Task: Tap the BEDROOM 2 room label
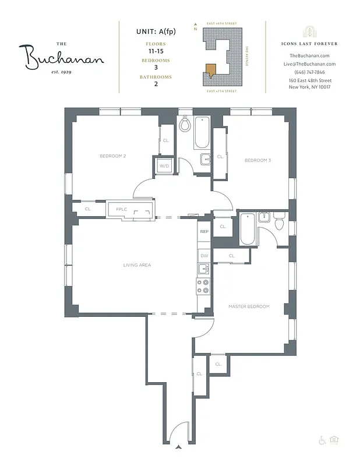(113, 156)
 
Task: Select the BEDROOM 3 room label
(257, 160)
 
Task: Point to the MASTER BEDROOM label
(249, 306)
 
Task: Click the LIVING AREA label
(137, 265)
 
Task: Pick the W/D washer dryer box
(164, 166)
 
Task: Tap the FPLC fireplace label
(121, 209)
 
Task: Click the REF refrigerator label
(204, 232)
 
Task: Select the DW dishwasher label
(204, 256)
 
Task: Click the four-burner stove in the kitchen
(203, 286)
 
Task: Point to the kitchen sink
(203, 269)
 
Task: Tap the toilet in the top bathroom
(185, 124)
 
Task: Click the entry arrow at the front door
(179, 447)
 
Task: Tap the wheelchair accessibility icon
(321, 440)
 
